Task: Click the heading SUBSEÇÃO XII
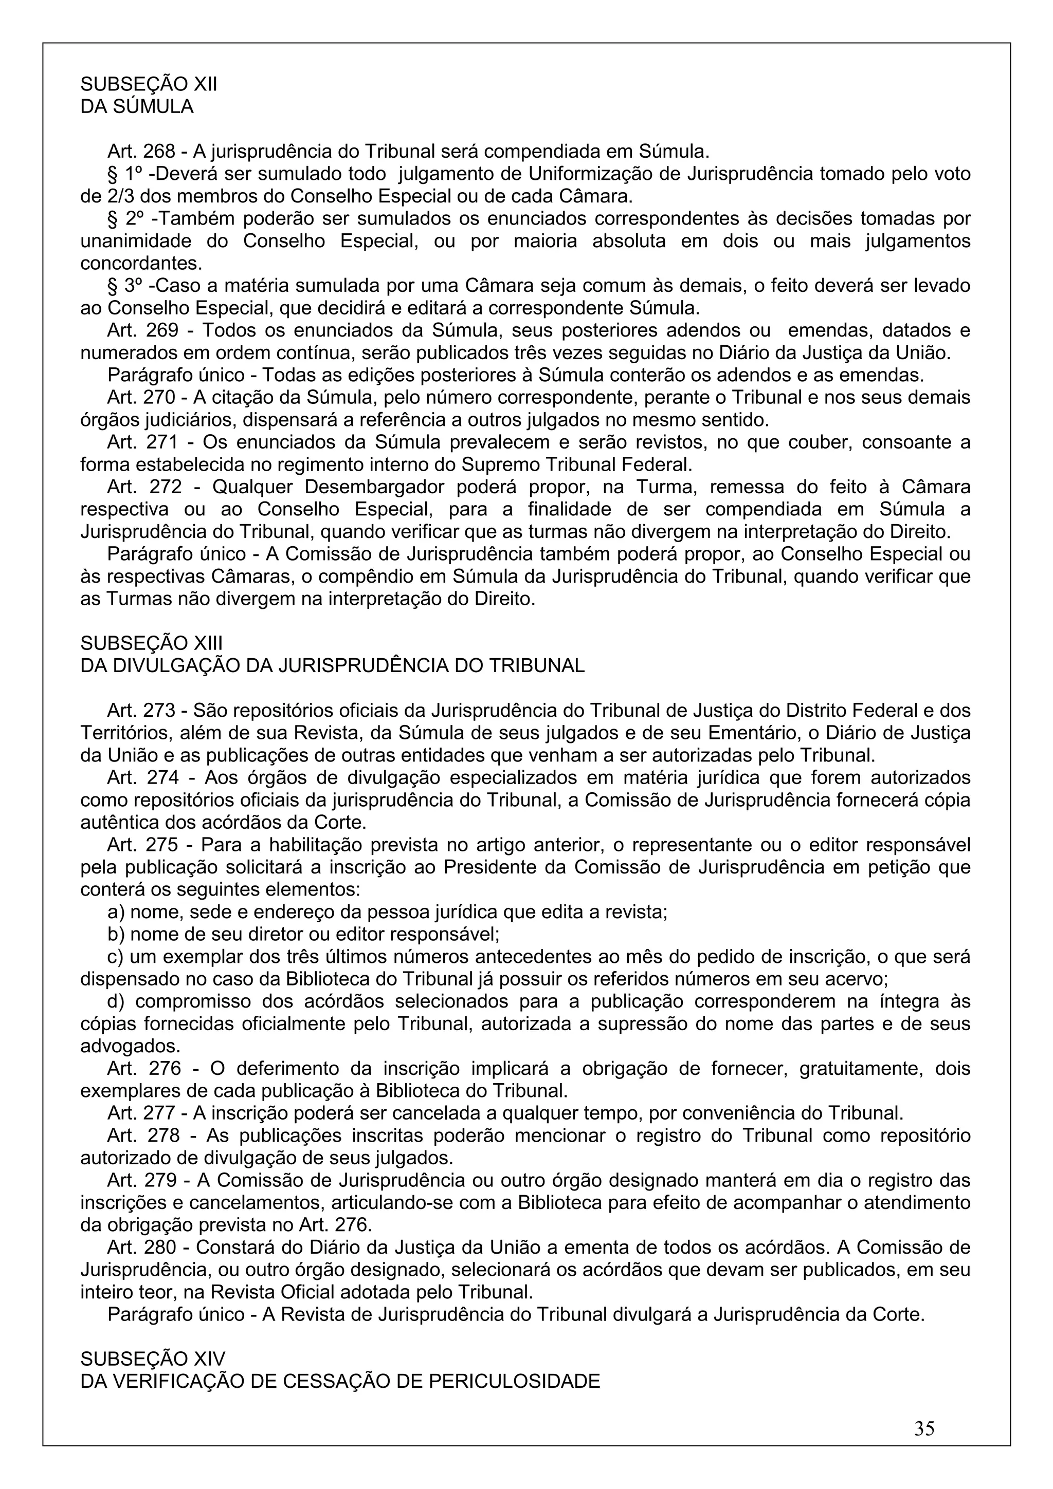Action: (149, 84)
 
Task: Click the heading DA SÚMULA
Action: (137, 106)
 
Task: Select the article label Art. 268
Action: (141, 152)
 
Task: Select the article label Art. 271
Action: (141, 442)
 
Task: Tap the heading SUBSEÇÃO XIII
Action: (151, 643)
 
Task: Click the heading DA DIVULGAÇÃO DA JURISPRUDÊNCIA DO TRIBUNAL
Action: (332, 665)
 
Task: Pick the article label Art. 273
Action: (141, 711)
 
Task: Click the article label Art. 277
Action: (141, 1113)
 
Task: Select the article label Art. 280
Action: (141, 1248)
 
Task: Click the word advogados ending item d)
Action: (119, 1047)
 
